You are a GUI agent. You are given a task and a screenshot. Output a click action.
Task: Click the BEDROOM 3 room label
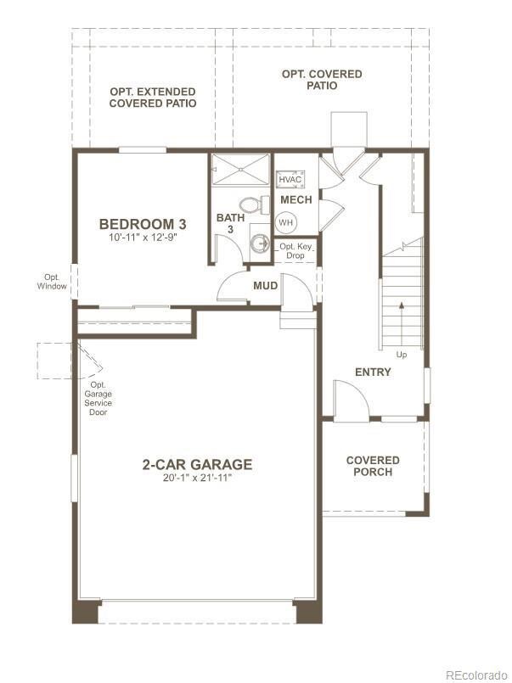click(143, 224)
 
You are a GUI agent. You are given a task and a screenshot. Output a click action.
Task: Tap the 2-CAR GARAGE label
click(197, 464)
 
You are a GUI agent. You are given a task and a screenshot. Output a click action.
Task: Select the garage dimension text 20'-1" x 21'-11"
click(197, 479)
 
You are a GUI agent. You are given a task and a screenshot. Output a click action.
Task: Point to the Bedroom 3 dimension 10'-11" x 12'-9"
click(143, 239)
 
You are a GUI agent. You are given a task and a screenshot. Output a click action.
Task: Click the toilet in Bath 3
click(250, 204)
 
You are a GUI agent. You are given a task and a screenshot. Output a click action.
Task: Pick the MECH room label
click(295, 200)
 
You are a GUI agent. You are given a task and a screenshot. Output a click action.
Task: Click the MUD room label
click(265, 286)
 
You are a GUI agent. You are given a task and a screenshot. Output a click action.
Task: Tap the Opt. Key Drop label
click(295, 251)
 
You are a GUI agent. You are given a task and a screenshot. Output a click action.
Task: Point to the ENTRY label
click(373, 372)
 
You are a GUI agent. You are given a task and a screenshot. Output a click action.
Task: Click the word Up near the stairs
click(402, 353)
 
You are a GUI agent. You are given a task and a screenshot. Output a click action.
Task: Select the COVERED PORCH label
click(373, 466)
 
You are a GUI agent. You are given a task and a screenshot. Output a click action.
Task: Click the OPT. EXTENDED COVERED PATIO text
click(153, 98)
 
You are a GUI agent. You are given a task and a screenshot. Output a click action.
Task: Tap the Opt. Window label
click(52, 282)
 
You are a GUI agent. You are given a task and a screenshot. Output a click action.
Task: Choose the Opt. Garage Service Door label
click(98, 399)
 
